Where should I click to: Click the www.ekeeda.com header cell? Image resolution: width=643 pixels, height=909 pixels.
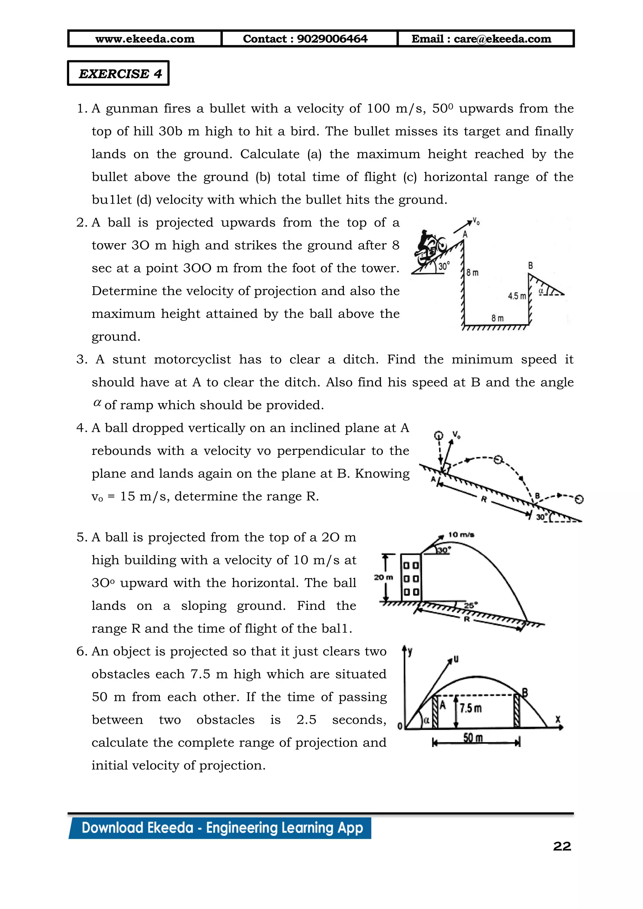pos(145,39)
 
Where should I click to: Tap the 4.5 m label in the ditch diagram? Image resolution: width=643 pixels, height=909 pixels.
pos(517,296)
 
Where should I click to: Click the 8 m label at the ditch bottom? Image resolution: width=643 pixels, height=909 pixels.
pos(497,318)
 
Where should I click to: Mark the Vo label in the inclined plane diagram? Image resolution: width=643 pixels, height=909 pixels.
pos(457,435)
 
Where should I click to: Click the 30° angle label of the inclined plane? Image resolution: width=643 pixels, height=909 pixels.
pos(541,517)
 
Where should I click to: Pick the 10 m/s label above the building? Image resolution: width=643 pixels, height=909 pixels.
pos(461,535)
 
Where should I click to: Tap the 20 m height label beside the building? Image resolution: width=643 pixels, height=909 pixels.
pos(383,578)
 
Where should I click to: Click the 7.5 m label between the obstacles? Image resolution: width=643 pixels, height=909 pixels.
pos(470,708)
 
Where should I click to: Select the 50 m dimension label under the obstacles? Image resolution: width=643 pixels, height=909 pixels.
pos(473,738)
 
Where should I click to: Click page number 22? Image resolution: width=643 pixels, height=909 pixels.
pos(562,847)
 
